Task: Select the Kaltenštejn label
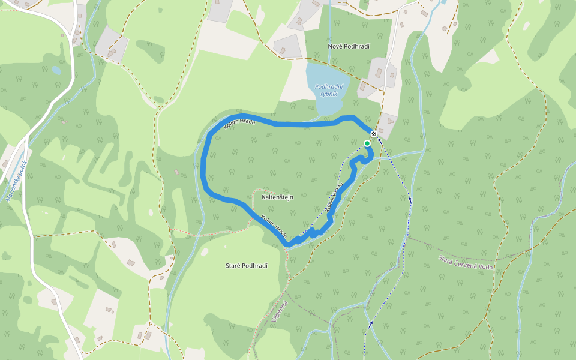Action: click(277, 197)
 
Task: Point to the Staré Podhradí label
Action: click(246, 266)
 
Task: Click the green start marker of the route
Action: click(367, 143)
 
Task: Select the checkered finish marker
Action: click(373, 134)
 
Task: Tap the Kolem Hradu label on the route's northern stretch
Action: click(239, 124)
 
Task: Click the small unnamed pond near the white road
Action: click(56, 70)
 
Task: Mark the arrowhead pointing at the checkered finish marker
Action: click(379, 139)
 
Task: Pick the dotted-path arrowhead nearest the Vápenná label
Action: click(371, 323)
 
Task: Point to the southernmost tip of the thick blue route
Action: click(289, 245)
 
